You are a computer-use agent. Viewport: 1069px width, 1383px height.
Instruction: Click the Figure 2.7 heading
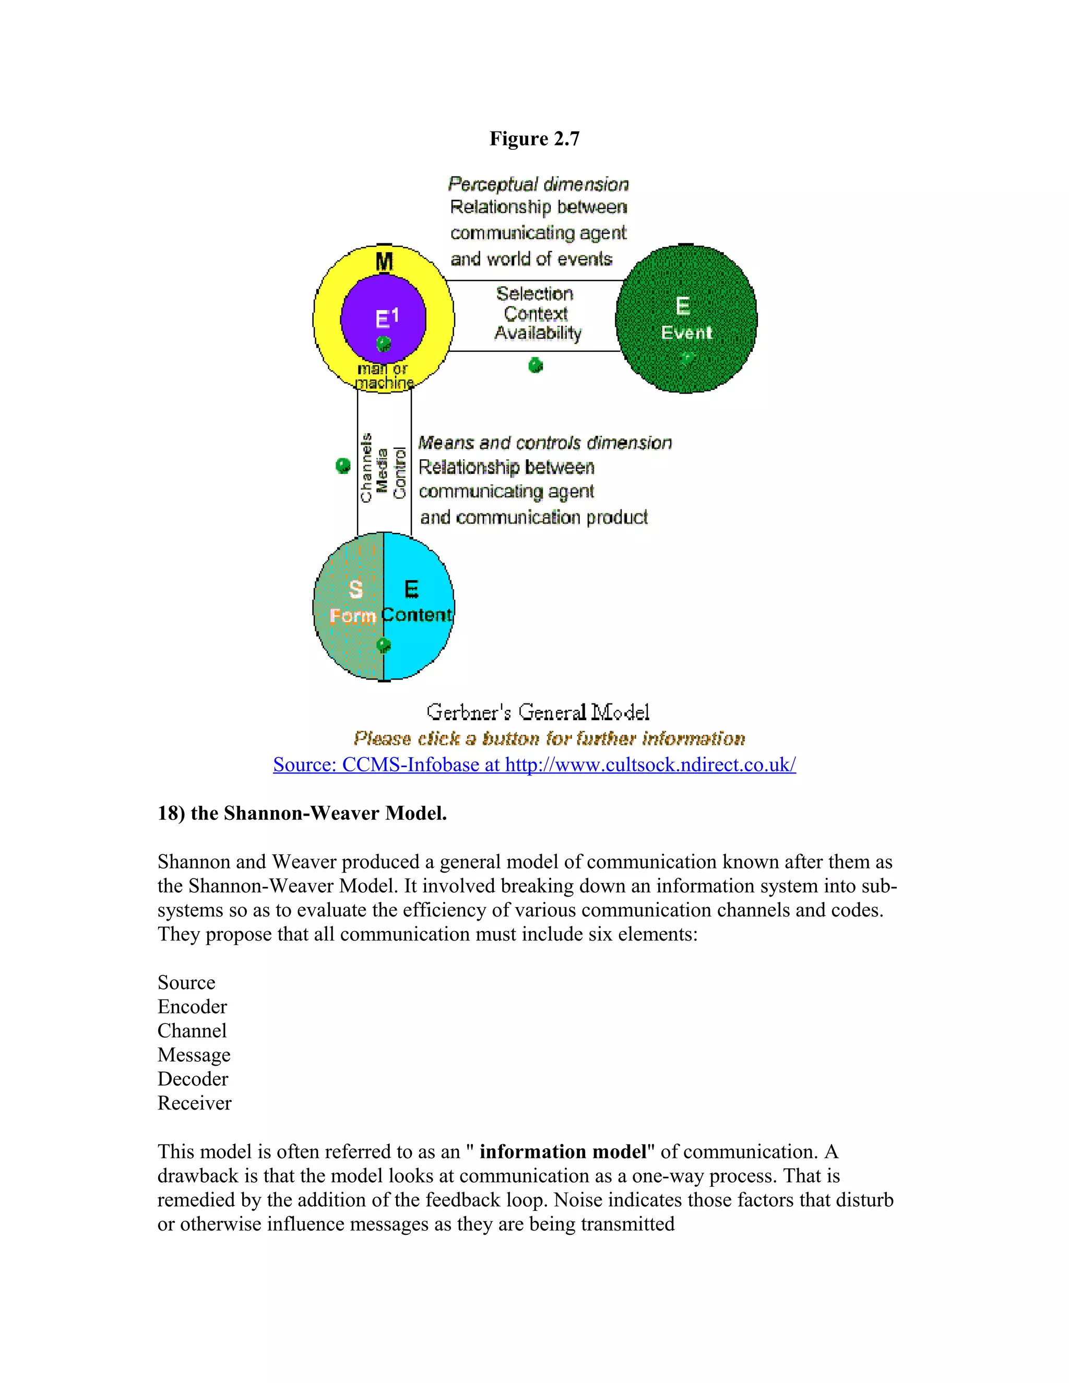(x=534, y=139)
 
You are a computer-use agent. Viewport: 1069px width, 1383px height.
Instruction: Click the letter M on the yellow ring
(x=384, y=261)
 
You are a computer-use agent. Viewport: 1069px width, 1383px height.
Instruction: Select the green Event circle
(x=686, y=319)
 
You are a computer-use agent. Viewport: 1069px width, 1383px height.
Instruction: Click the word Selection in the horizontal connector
(x=534, y=294)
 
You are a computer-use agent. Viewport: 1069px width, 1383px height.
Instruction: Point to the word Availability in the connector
(x=538, y=333)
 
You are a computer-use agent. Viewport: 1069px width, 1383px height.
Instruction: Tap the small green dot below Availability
(x=536, y=365)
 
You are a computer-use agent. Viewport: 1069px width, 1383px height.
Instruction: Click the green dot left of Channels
(x=342, y=466)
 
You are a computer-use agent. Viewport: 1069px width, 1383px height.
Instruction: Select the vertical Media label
(x=382, y=471)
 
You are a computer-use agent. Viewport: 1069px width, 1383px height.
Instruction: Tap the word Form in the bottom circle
(x=353, y=615)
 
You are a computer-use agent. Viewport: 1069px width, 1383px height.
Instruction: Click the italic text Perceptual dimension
(x=538, y=184)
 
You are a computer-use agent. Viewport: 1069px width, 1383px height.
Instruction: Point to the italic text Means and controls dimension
(x=544, y=443)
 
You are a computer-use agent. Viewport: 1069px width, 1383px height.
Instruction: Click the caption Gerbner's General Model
(x=538, y=712)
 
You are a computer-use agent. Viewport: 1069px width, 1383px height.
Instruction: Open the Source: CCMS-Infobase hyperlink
(x=534, y=765)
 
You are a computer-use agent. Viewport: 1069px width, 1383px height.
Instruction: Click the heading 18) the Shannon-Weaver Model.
(x=302, y=813)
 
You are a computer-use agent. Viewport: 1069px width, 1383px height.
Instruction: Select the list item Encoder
(x=192, y=1007)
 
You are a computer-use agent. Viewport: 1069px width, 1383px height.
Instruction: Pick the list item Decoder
(x=193, y=1079)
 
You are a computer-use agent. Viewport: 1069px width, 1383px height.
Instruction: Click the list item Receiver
(x=194, y=1103)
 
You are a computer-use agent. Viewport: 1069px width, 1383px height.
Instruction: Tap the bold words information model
(x=563, y=1152)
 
